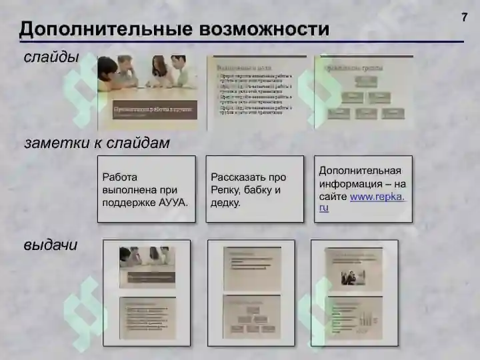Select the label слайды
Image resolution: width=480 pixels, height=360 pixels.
point(51,57)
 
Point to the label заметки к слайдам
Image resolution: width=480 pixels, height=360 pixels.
point(97,143)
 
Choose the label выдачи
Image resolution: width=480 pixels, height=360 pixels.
point(51,245)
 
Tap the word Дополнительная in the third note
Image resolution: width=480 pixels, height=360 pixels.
point(360,170)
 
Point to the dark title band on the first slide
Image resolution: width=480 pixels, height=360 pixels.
point(155,110)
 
